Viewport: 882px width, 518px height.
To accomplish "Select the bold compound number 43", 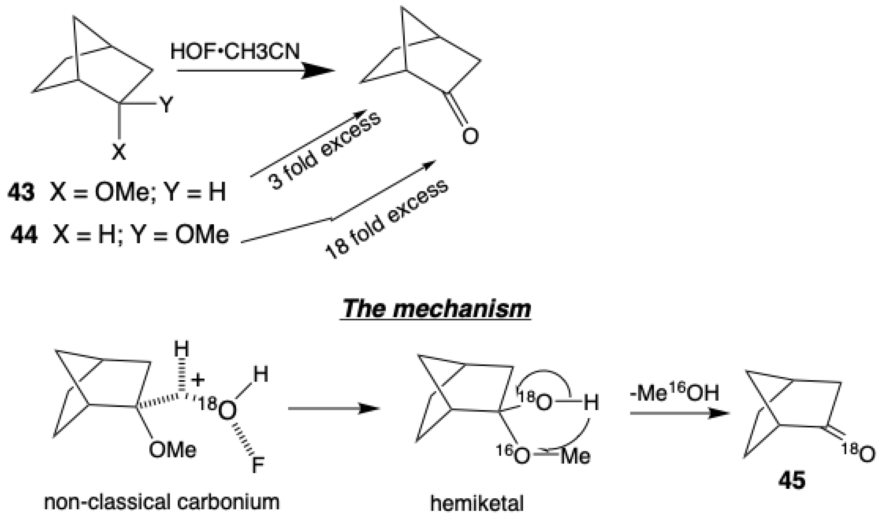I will pyautogui.click(x=21, y=192).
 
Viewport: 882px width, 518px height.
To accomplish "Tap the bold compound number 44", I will pyautogui.click(x=24, y=235).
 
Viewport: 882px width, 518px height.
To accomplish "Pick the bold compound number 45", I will pyautogui.click(x=791, y=480).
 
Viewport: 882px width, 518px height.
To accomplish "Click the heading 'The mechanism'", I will pyautogui.click(x=436, y=309).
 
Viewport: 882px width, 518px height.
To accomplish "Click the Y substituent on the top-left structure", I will pyautogui.click(x=166, y=104).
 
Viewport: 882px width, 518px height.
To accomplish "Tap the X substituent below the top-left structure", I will pyautogui.click(x=119, y=152).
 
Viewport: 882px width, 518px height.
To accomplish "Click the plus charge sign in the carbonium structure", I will pyautogui.click(x=198, y=380).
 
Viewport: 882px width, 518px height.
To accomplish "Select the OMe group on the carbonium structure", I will pyautogui.click(x=172, y=450).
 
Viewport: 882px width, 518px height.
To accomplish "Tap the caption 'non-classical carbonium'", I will pyautogui.click(x=162, y=502).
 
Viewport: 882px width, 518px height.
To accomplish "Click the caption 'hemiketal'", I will pyautogui.click(x=477, y=504).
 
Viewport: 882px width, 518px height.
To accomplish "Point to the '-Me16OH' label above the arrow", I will pyautogui.click(x=674, y=393).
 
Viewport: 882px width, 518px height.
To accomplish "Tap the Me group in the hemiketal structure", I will pyautogui.click(x=575, y=456).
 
